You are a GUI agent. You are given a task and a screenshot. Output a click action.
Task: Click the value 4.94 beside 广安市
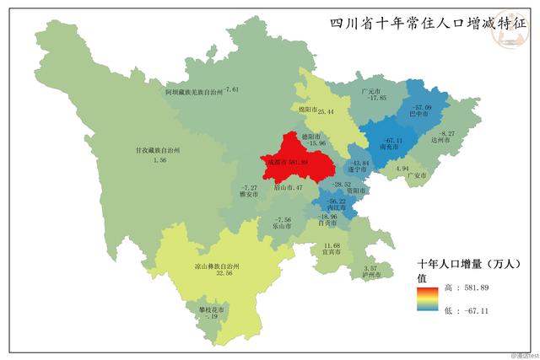pos(402,169)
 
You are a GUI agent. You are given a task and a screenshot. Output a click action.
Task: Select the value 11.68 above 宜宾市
pos(332,244)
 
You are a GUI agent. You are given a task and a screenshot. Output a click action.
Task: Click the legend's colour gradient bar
pos(425,299)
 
